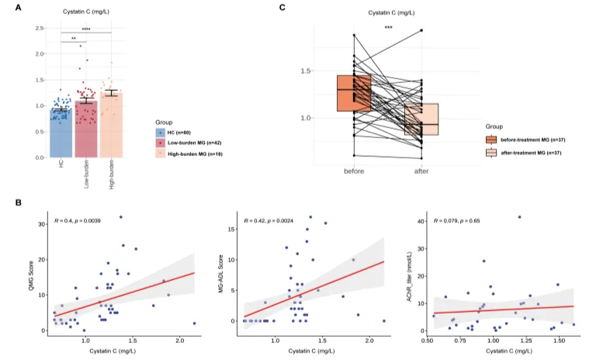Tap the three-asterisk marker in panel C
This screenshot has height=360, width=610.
388,29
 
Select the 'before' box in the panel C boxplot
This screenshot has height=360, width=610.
354,93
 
